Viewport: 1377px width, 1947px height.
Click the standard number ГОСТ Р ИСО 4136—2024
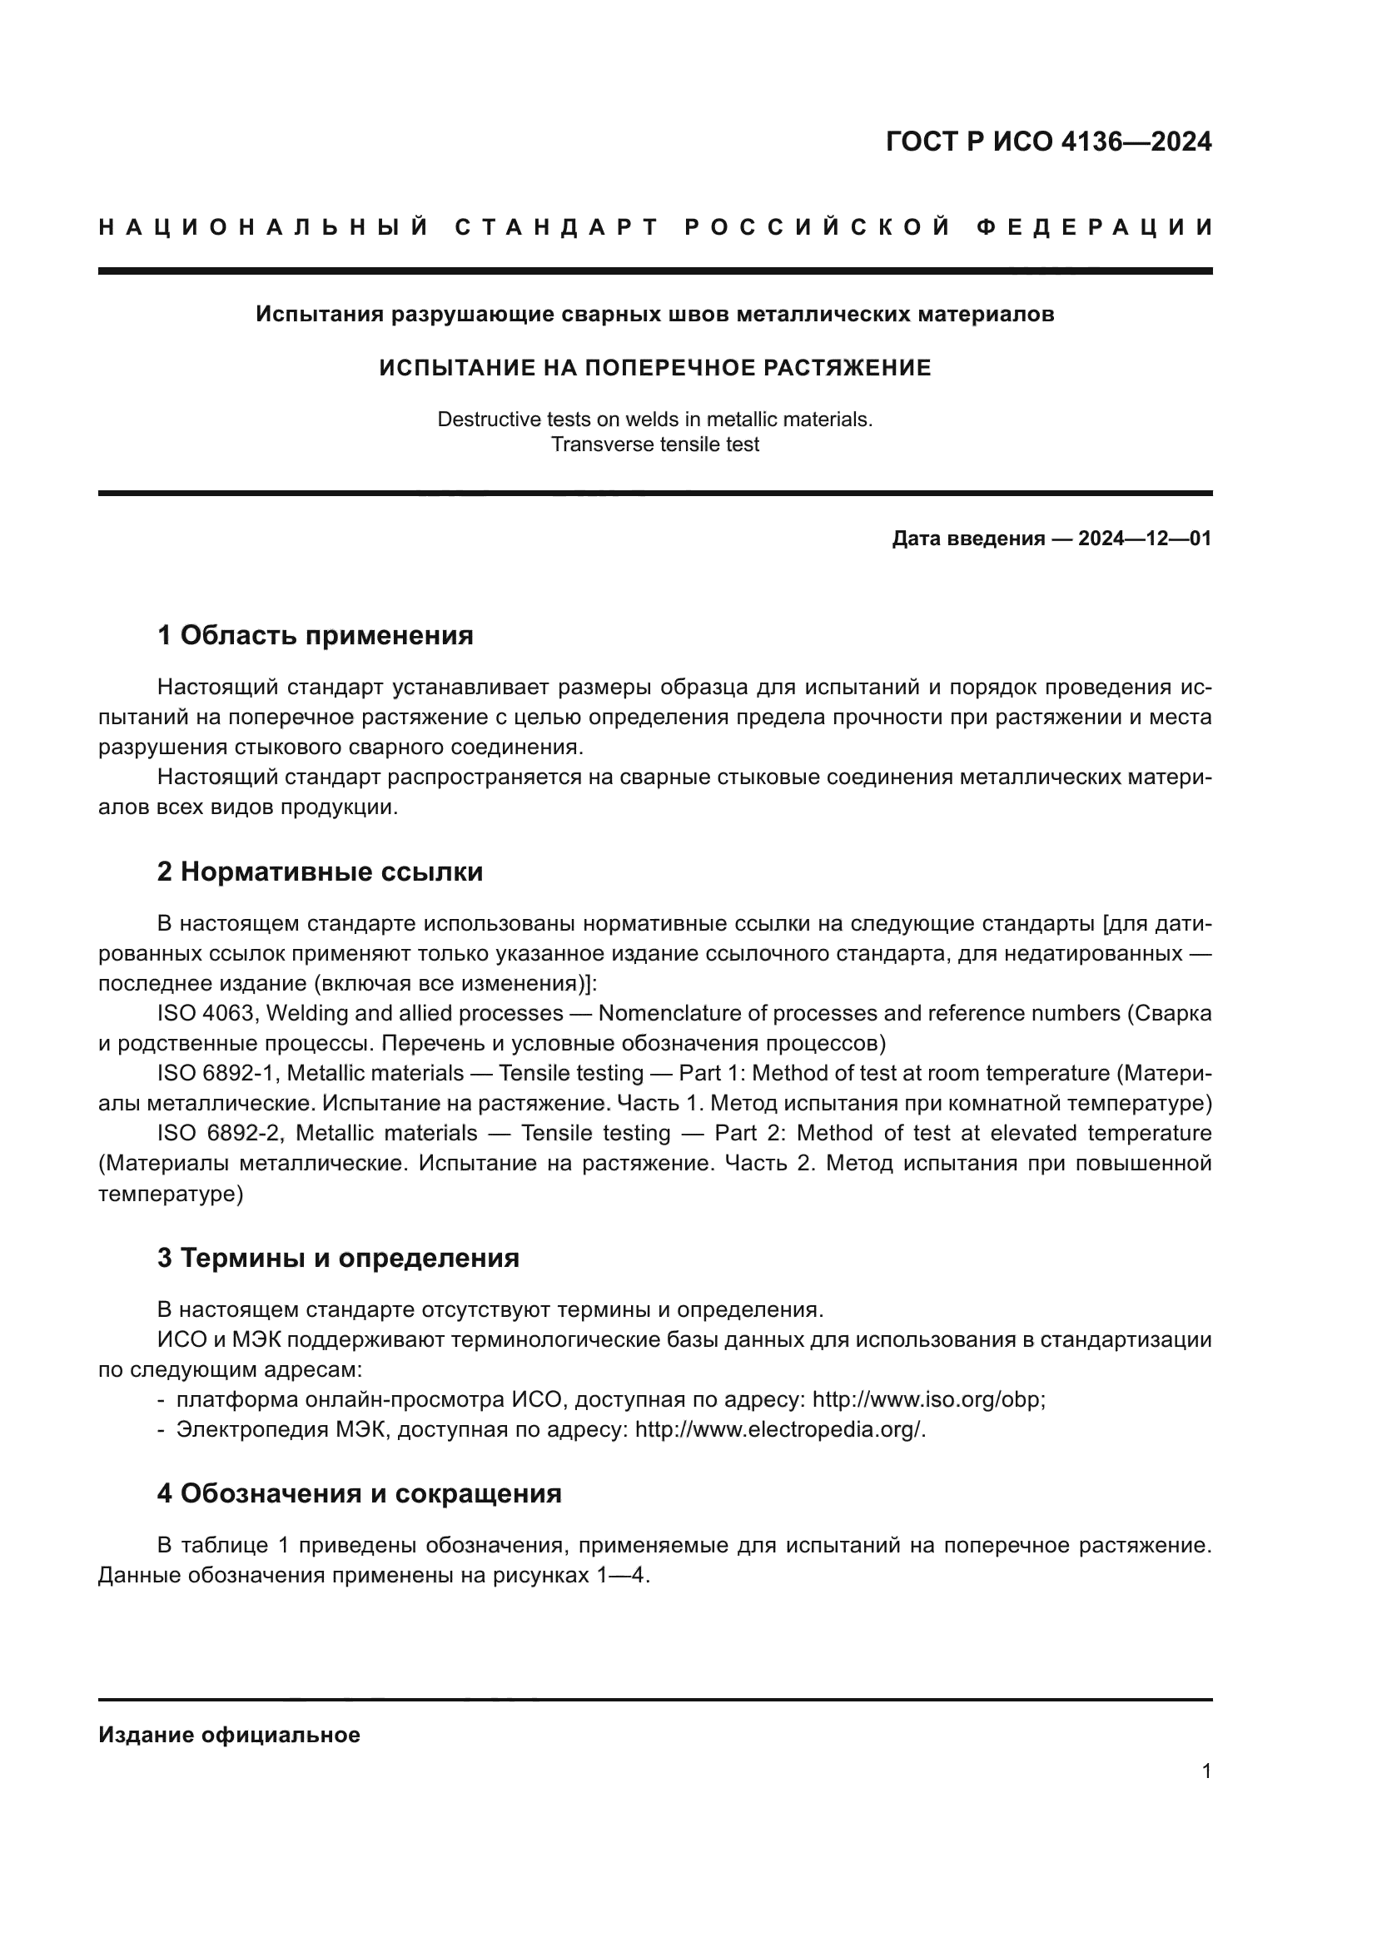point(1048,142)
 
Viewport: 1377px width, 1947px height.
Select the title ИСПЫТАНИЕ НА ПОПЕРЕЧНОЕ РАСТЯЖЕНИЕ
point(654,368)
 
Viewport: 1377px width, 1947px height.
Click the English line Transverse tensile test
point(654,445)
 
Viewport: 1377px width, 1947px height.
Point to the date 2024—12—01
point(1144,539)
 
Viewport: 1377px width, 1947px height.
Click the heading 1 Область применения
point(315,634)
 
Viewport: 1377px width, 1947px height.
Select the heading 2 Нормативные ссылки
point(320,872)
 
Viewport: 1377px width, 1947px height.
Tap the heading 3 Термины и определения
point(337,1258)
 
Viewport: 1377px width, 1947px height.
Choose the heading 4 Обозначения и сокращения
point(359,1493)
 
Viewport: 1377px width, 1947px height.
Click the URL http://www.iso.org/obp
point(927,1400)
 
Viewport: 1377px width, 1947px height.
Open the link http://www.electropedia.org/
point(779,1430)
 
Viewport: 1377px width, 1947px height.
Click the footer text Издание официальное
point(229,1735)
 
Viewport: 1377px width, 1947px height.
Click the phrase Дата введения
point(967,539)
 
